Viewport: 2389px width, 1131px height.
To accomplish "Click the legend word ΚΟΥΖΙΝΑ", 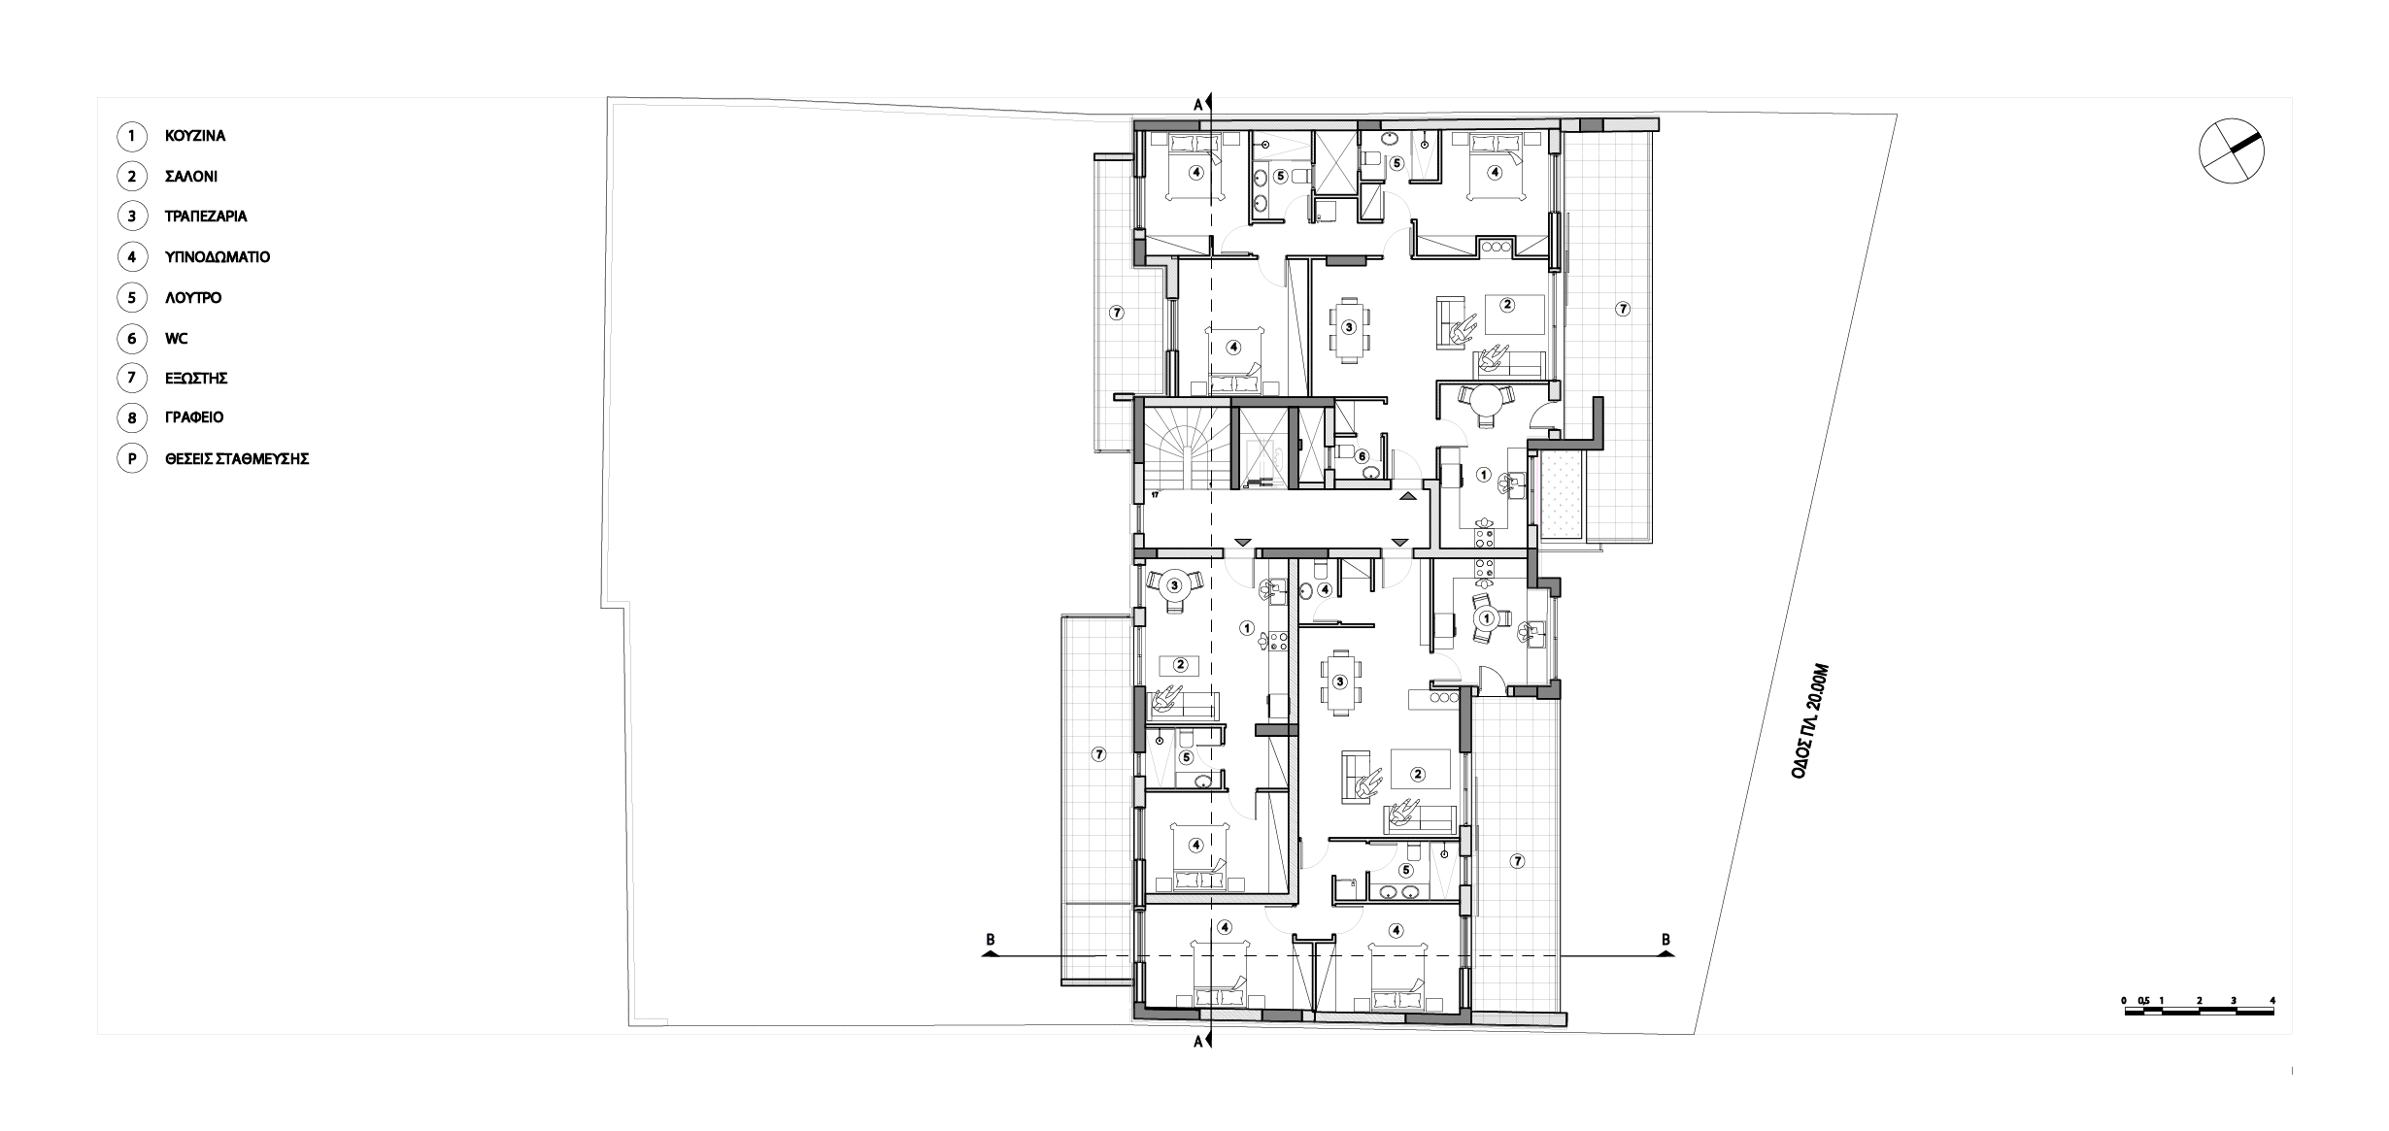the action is [195, 136].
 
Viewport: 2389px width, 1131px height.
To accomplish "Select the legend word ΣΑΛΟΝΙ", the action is [191, 177].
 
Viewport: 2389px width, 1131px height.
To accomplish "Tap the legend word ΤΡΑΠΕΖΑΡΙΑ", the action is [206, 216].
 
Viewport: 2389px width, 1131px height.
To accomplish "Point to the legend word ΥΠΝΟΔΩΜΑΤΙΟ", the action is [218, 257].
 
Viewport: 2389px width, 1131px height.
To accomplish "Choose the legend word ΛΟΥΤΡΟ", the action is [193, 298].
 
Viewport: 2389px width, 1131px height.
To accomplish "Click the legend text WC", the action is [177, 339].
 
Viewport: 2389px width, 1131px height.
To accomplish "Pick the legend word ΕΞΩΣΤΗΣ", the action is [196, 378].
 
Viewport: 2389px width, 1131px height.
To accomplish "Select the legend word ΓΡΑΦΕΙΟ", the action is [194, 417].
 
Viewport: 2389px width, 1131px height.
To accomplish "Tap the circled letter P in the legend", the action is [131, 458].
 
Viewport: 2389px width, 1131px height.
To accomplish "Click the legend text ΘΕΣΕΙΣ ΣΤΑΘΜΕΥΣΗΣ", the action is [237, 458].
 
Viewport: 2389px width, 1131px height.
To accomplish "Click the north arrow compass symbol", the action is [2231, 150].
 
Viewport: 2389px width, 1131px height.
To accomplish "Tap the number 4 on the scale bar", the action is [2272, 1001].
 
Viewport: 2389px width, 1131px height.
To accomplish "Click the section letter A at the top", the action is [1198, 103].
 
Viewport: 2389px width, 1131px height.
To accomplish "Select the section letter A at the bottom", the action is [1198, 1042].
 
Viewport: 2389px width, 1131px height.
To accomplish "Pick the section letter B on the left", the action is [991, 939].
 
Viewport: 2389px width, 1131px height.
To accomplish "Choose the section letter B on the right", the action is [1666, 939].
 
